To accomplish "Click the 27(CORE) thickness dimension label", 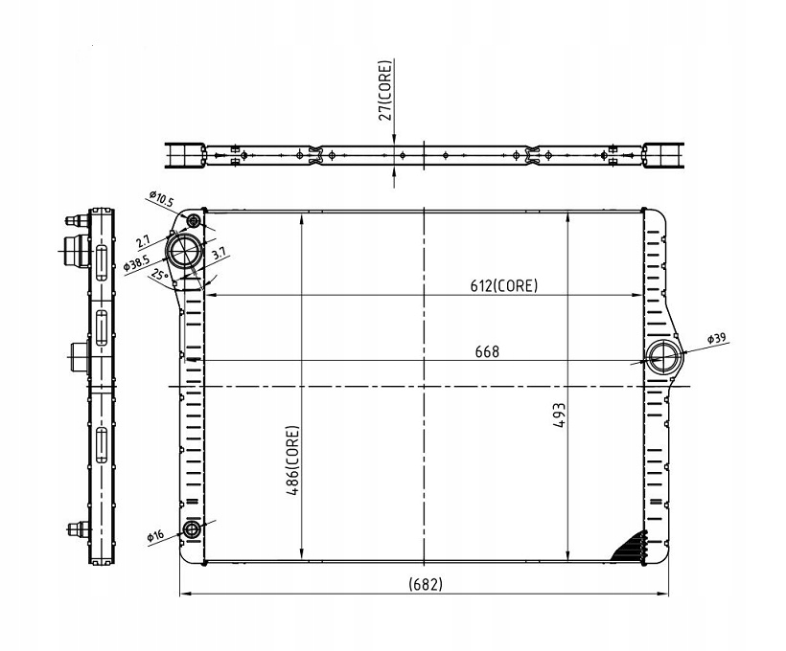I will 386,91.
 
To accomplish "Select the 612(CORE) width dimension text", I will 503,285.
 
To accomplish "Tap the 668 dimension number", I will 487,351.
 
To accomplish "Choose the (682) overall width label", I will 425,583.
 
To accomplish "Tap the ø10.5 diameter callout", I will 161,200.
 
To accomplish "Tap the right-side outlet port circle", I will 664,359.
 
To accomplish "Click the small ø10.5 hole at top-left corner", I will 195,222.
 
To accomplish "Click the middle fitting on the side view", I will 80,359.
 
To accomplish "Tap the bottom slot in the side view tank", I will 100,446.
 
